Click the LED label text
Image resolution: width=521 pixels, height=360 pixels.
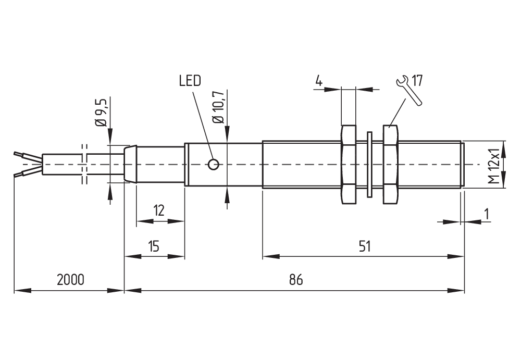point(190,81)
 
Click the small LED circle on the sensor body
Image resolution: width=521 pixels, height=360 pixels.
point(213,164)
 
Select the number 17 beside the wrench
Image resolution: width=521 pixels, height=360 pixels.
point(417,81)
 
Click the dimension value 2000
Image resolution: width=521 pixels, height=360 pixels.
point(70,280)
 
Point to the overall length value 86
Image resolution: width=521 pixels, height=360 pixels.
point(296,280)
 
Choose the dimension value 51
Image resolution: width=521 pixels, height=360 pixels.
point(364,246)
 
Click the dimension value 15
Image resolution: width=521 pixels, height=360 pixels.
point(154,246)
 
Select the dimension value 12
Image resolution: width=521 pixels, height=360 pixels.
point(159,211)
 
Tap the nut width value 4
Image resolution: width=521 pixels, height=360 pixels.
point(319,81)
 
